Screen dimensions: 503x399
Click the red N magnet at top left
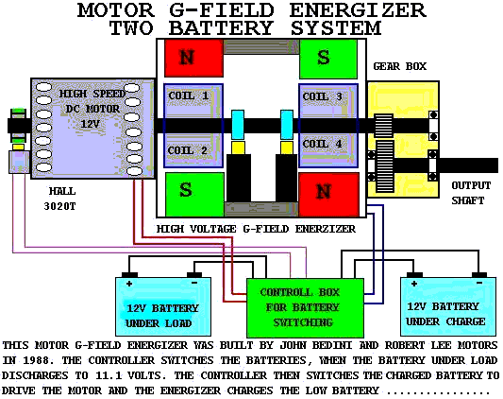[193, 58]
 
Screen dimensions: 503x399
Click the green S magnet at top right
[328, 59]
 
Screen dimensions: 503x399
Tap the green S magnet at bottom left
[194, 195]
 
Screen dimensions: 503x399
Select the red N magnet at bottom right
[328, 195]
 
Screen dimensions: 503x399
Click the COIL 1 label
[189, 95]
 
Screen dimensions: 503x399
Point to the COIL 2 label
[188, 150]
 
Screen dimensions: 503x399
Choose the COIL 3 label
[323, 96]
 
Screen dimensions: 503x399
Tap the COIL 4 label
[323, 144]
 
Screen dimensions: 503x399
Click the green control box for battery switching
[305, 307]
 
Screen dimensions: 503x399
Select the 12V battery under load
[163, 306]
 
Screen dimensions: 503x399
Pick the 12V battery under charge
[448, 306]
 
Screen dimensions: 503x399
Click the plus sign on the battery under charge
[414, 284]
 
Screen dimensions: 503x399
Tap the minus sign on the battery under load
[194, 283]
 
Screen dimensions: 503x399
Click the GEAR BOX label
[400, 66]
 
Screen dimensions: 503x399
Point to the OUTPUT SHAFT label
[471, 193]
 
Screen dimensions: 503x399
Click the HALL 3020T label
[60, 199]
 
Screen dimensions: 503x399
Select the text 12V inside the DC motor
[90, 124]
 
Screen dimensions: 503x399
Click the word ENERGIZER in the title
[358, 10]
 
